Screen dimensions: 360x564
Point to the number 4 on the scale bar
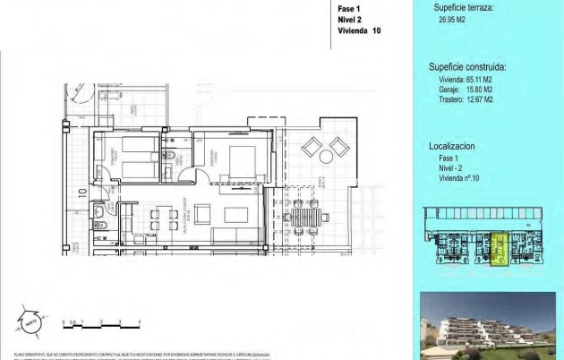tap(140, 320)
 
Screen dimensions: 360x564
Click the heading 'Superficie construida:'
tap(467, 66)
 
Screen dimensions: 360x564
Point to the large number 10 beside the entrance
tap(81, 191)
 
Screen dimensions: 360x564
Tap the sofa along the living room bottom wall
tap(237, 236)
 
